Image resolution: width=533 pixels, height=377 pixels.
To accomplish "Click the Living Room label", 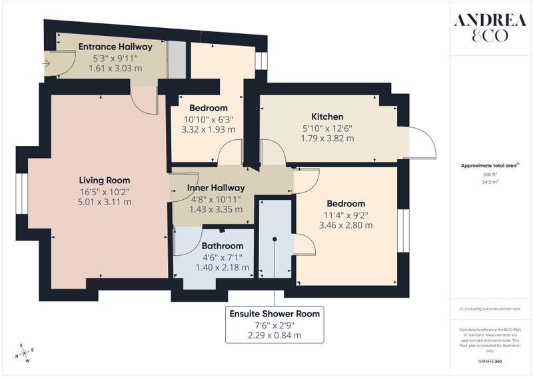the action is pyautogui.click(x=105, y=180).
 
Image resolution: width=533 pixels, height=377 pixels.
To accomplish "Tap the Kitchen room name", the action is pyautogui.click(x=327, y=117).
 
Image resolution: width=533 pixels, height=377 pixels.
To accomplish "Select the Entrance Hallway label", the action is pyautogui.click(x=115, y=47).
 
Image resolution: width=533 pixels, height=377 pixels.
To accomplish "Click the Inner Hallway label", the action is pyautogui.click(x=216, y=188).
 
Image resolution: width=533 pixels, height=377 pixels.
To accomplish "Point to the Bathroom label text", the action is pyautogui.click(x=223, y=246).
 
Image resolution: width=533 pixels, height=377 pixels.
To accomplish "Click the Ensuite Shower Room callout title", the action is pyautogui.click(x=274, y=314).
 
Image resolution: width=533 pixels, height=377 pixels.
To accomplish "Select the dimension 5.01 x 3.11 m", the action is pyautogui.click(x=105, y=202).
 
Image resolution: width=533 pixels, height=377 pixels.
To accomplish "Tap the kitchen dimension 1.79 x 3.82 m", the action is pyautogui.click(x=327, y=139).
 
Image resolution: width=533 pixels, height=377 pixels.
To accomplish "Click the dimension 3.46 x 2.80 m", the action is pyautogui.click(x=346, y=225).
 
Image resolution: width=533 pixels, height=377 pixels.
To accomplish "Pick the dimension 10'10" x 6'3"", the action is pyautogui.click(x=209, y=119).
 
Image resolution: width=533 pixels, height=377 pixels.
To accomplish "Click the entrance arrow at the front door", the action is pyautogui.click(x=46, y=63).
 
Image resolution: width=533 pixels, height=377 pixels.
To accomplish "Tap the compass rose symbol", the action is pyautogui.click(x=25, y=353).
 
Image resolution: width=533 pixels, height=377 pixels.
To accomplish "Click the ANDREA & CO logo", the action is pyautogui.click(x=490, y=27).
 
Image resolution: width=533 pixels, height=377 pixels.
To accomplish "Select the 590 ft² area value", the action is pyautogui.click(x=490, y=175).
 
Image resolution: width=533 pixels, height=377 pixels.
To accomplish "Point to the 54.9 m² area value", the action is pyautogui.click(x=490, y=182).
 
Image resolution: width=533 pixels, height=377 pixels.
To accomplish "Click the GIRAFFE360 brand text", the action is pyautogui.click(x=490, y=362).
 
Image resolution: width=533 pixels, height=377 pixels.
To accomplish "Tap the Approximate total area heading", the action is pyautogui.click(x=490, y=166).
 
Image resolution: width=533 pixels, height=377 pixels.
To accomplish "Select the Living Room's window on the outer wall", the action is pyautogui.click(x=22, y=194).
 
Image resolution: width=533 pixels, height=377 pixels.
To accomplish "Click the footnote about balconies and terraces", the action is pyautogui.click(x=490, y=309).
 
